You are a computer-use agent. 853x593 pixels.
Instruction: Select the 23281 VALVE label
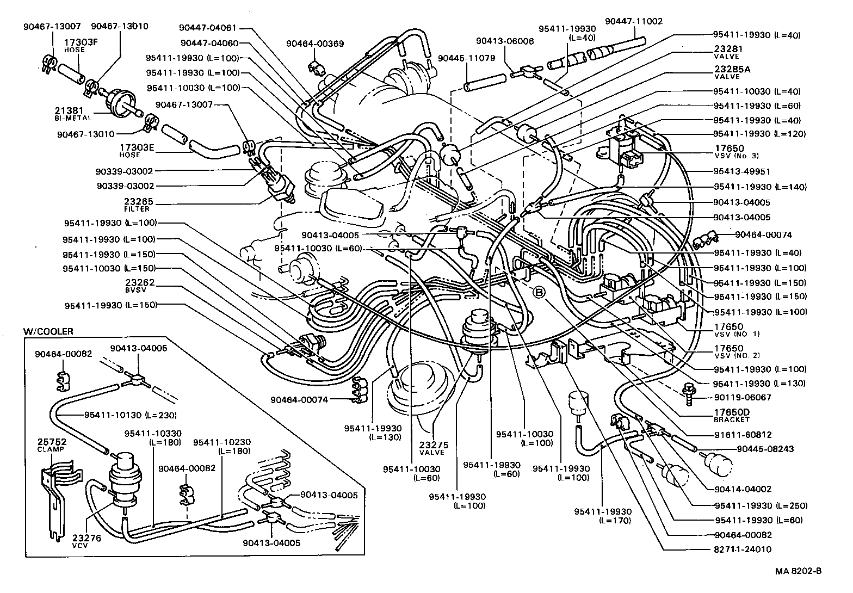(x=728, y=52)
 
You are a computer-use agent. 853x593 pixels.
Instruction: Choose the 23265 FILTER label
(x=139, y=204)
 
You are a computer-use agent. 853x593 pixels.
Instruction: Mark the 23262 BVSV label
(x=140, y=286)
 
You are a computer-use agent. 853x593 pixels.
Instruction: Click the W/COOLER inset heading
(x=48, y=331)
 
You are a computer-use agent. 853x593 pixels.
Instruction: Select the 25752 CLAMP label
(x=51, y=444)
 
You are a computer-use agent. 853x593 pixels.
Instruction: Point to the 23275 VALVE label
(x=432, y=448)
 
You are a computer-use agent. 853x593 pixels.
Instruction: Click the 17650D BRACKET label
(x=732, y=416)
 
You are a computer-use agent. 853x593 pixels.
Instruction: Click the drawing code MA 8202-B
(x=798, y=571)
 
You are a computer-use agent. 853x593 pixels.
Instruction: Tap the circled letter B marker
(x=539, y=293)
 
